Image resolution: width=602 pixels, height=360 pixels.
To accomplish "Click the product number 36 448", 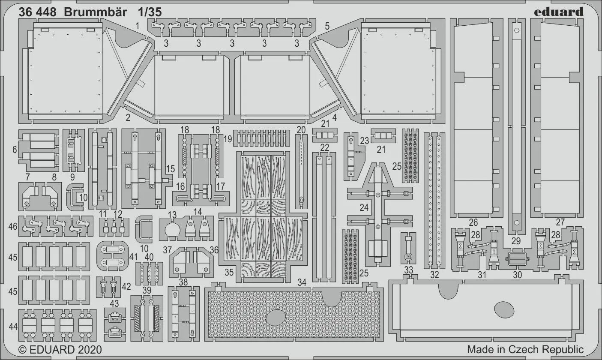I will (37, 12).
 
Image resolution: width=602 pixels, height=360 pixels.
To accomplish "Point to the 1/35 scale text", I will (150, 12).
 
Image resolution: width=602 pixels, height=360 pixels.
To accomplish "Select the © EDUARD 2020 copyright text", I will (60, 349).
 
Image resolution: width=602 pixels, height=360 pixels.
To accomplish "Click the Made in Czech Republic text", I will (525, 349).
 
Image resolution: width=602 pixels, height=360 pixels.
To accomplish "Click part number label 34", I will (302, 282).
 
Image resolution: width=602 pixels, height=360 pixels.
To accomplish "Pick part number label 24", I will (364, 207).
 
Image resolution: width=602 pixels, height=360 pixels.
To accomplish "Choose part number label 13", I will (172, 214).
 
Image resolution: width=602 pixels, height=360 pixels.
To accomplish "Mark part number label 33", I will (408, 270).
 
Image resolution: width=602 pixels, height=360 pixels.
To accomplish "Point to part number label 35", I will (229, 272).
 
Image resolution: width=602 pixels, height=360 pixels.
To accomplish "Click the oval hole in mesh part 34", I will (276, 318).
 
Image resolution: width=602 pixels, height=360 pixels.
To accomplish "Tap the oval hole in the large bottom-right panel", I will (504, 309).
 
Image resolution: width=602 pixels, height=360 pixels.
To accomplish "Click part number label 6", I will (15, 150).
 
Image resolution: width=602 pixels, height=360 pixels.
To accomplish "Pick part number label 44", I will (13, 327).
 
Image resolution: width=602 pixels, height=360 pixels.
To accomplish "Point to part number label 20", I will (301, 129).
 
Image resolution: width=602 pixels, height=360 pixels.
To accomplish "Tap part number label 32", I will (434, 275).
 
